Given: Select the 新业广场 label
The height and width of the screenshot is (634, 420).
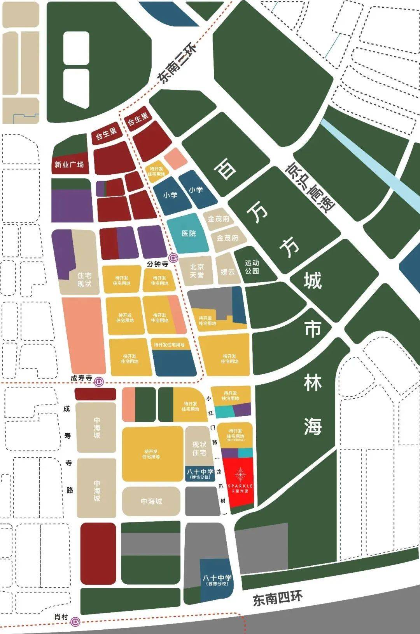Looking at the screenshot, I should (x=69, y=165).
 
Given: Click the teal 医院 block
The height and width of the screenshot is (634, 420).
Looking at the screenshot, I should (x=189, y=233).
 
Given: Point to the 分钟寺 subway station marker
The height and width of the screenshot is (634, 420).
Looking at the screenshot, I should (x=173, y=257).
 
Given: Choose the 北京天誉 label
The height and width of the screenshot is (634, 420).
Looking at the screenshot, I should (x=196, y=271).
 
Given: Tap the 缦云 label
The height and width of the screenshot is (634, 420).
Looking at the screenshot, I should (x=227, y=271).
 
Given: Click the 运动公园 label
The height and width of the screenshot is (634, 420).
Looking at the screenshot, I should (x=252, y=267).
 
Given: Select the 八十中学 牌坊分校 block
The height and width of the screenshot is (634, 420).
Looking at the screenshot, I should (x=200, y=474).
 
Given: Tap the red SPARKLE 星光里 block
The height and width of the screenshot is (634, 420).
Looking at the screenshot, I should (x=240, y=481).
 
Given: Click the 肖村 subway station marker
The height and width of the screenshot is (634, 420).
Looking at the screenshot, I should (x=75, y=622).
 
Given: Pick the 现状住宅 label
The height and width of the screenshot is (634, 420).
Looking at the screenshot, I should (x=199, y=448).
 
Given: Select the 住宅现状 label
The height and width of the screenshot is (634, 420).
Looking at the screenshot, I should (x=84, y=280).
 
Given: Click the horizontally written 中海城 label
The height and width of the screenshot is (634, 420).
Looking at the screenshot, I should (x=151, y=501).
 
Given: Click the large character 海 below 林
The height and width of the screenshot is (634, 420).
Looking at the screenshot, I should (x=313, y=426).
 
